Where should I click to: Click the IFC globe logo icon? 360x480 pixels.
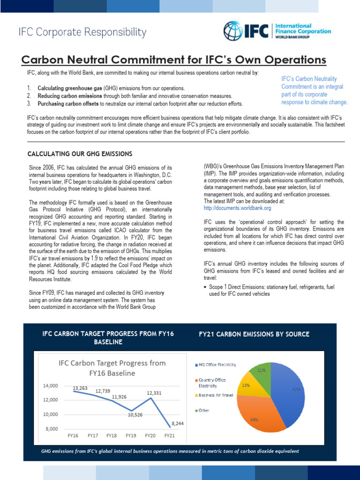tap(233, 31)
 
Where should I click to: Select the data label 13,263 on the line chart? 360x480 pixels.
tap(82, 388)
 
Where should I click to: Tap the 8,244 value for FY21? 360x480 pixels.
tap(178, 423)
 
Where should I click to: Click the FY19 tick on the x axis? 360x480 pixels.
tap(131, 435)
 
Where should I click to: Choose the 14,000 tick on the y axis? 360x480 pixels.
tap(50, 386)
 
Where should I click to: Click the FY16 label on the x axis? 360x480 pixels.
tap(73, 435)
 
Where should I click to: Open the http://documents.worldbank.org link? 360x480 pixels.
tap(237, 208)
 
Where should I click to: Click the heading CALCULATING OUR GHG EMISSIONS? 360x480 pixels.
tap(80, 154)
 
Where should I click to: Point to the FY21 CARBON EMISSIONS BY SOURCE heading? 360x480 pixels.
tap(254, 334)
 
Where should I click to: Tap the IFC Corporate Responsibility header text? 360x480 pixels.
tap(82, 32)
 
